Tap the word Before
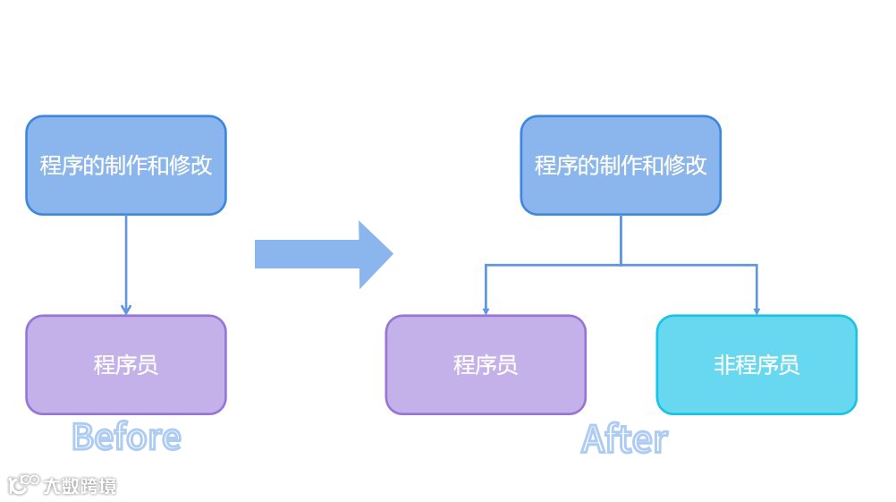pyautogui.click(x=126, y=438)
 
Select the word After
pyautogui.click(x=624, y=439)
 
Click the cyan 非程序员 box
pyautogui.click(x=757, y=365)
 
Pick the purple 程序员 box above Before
pyautogui.click(x=126, y=365)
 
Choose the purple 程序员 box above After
pyautogui.click(x=486, y=365)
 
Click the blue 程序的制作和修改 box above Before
pyautogui.click(x=126, y=166)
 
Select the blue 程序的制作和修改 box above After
pyautogui.click(x=621, y=166)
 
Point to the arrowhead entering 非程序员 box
pyautogui.click(x=757, y=311)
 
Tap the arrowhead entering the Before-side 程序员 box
pyautogui.click(x=126, y=310)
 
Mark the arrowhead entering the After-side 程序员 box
pyautogui.click(x=486, y=311)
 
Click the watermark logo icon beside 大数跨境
pyautogui.click(x=23, y=485)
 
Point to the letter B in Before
pyautogui.click(x=83, y=438)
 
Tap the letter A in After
pyautogui.click(x=595, y=439)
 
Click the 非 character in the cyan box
pyautogui.click(x=724, y=365)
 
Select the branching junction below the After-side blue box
pyautogui.click(x=621, y=265)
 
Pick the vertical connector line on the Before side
pyautogui.click(x=126, y=260)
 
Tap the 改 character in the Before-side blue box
pyautogui.click(x=201, y=166)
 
